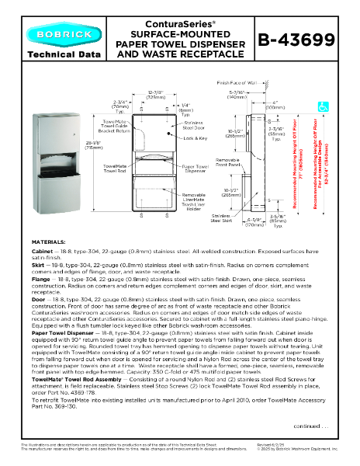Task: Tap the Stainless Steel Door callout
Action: pyautogui.click(x=195, y=125)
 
